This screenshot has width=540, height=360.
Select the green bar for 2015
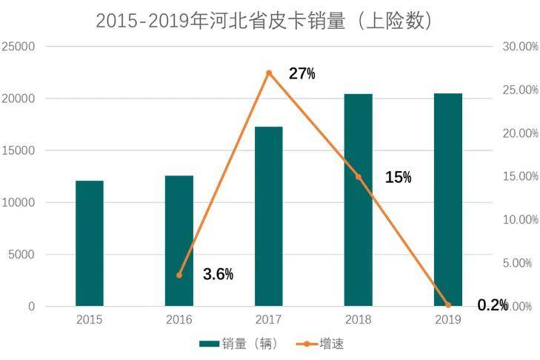[90, 243]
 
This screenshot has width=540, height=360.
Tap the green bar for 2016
[179, 241]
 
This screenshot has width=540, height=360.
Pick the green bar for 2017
[269, 216]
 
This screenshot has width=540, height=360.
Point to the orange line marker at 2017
[269, 73]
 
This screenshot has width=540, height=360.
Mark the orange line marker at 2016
[179, 275]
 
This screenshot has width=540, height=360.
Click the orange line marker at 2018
[359, 177]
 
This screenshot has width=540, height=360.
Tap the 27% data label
[301, 73]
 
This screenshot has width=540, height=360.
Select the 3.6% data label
[219, 275]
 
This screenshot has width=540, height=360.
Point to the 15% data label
[398, 178]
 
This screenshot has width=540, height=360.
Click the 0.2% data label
[492, 305]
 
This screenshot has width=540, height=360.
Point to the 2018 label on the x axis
[359, 320]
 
